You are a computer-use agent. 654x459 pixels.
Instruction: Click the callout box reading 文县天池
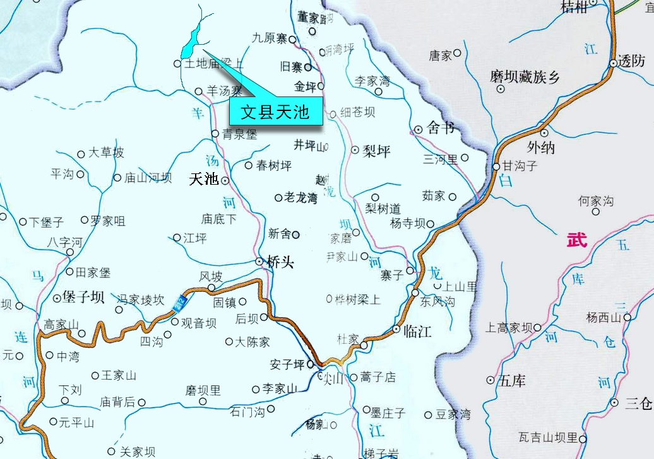coord(275,112)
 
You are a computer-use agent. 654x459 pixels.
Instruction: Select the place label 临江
coord(417,330)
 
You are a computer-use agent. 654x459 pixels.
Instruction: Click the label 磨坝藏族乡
coord(525,77)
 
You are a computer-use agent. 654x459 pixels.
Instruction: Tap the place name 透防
coord(632,61)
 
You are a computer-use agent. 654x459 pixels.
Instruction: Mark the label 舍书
coord(440,129)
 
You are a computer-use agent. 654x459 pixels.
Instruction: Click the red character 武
coord(576,240)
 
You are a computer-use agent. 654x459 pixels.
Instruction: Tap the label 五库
coord(511,381)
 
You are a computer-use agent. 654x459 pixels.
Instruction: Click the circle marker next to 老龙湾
coord(278,198)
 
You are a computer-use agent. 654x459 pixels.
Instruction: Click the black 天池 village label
coord(203,180)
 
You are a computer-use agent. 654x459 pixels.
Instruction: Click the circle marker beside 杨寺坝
coord(431,223)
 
